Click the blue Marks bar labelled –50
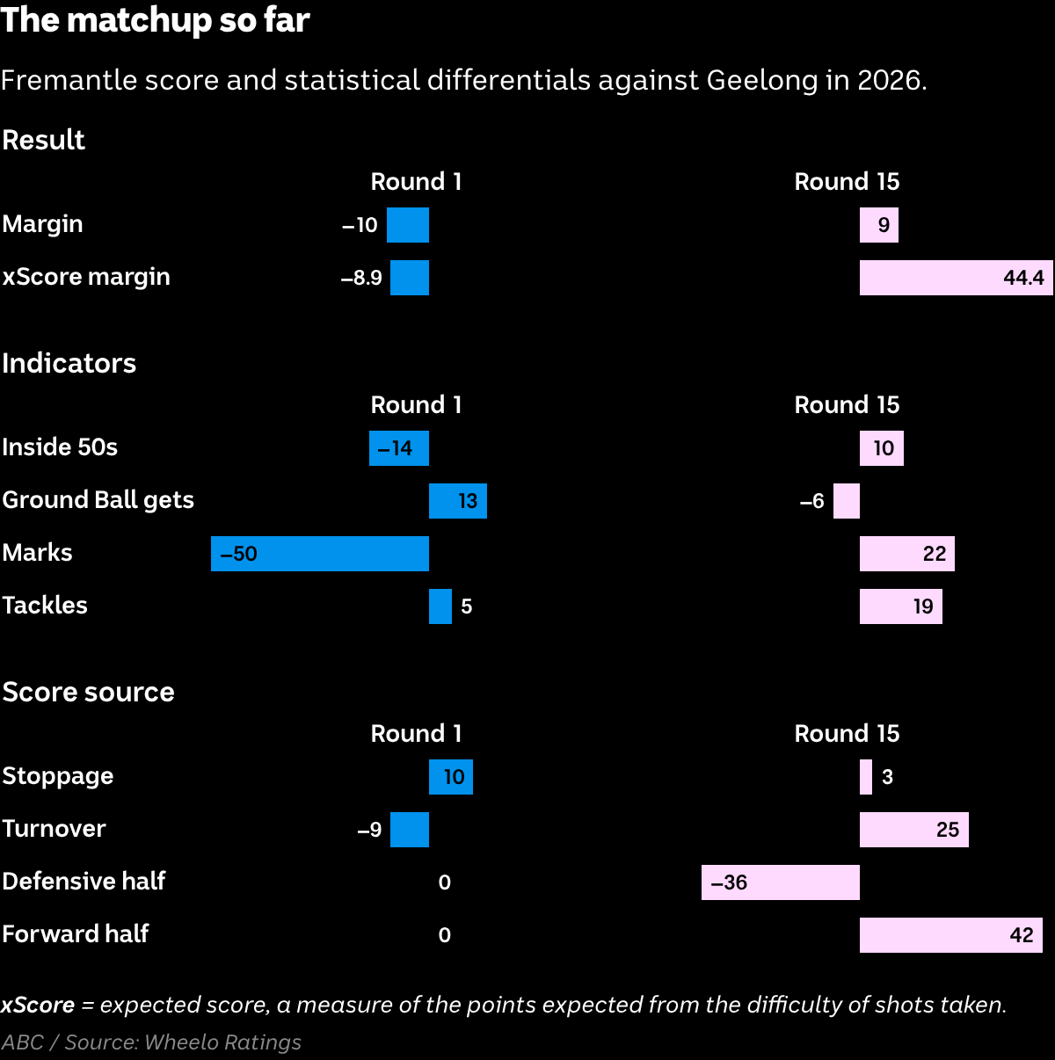(x=320, y=554)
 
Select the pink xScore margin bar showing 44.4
(x=956, y=277)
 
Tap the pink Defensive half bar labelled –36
(x=781, y=882)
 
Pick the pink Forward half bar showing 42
(x=951, y=935)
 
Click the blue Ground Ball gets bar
(x=458, y=501)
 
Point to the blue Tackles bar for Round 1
(x=440, y=606)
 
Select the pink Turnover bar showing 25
(x=914, y=830)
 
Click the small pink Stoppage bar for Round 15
(x=866, y=777)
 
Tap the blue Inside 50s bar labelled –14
(x=399, y=448)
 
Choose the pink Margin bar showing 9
(x=879, y=225)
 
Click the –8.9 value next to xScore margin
(x=361, y=278)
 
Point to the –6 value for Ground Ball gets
(x=811, y=501)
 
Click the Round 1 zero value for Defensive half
(x=445, y=882)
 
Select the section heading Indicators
(x=69, y=363)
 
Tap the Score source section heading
(x=88, y=692)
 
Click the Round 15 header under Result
(x=847, y=182)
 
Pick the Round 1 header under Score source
(x=416, y=733)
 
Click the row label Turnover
(x=54, y=829)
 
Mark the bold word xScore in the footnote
(x=38, y=1005)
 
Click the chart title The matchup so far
(x=156, y=20)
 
